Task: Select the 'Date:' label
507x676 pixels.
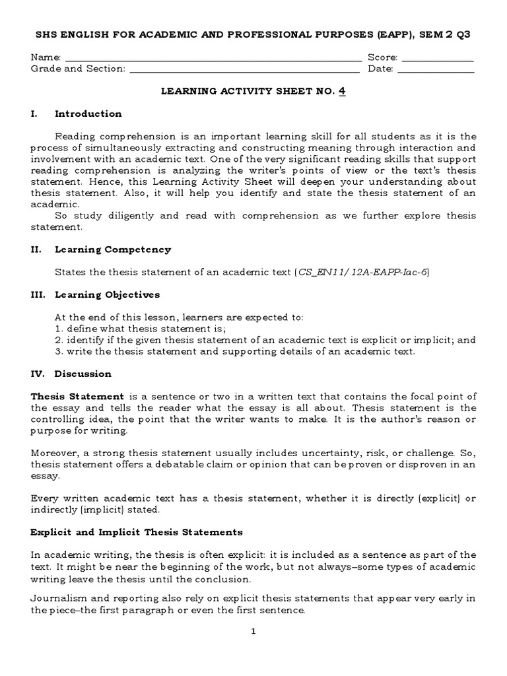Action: [x=380, y=69]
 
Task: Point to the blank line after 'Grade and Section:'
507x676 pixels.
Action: [x=244, y=69]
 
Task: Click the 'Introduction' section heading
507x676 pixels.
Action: [x=88, y=114]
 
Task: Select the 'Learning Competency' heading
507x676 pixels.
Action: [x=113, y=250]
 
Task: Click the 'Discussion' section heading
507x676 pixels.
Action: [x=83, y=374]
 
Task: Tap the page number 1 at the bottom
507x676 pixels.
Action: [x=253, y=631]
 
